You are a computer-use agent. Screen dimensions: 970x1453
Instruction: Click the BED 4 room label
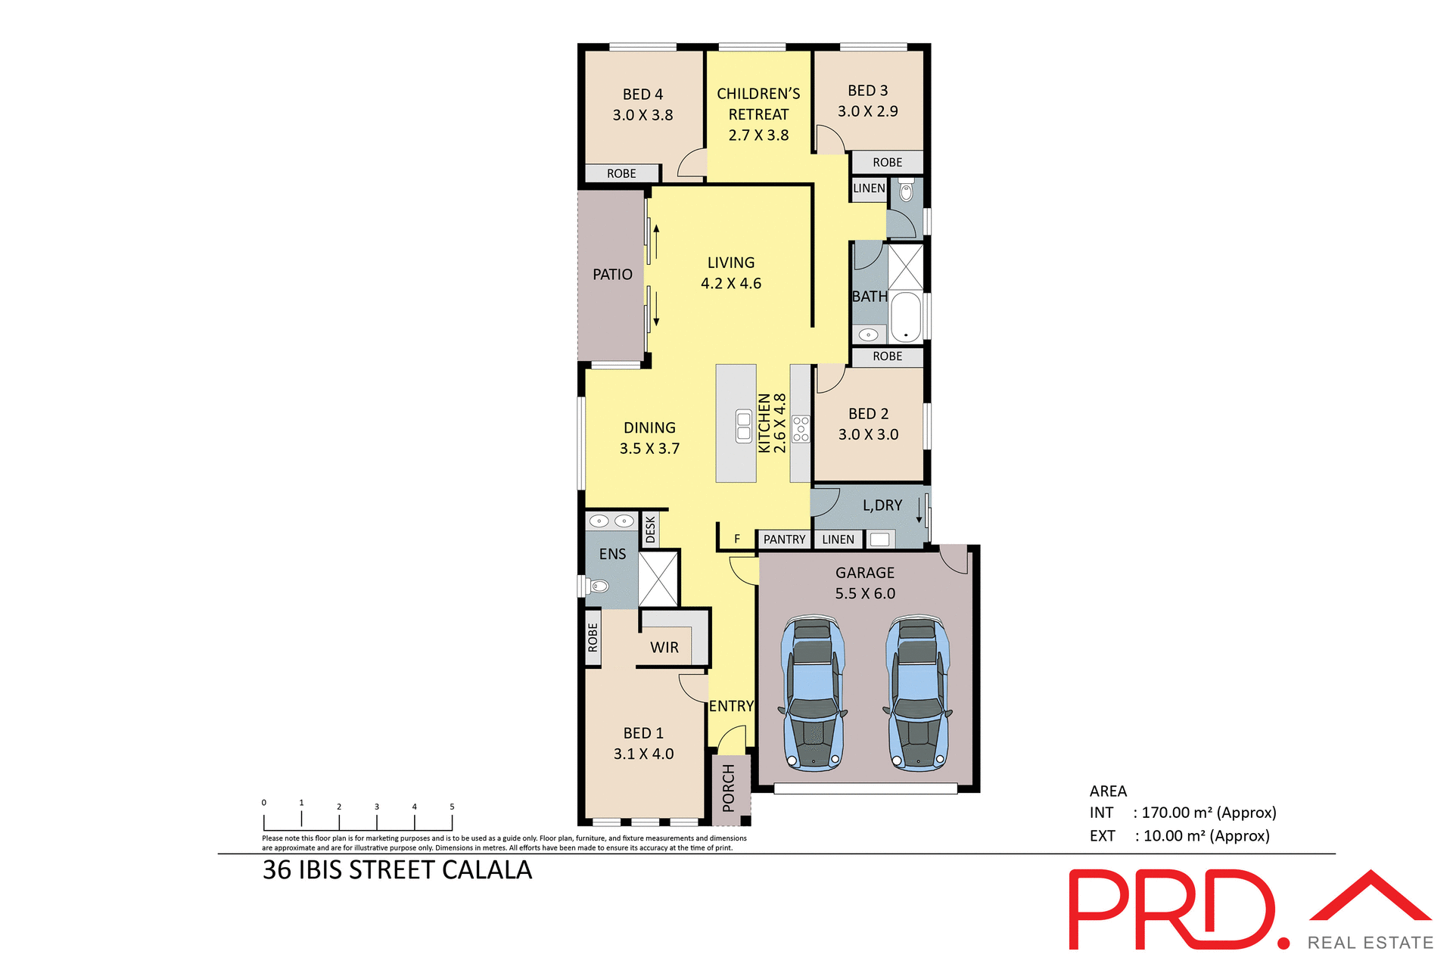point(642,95)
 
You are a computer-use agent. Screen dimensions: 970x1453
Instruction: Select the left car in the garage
point(813,693)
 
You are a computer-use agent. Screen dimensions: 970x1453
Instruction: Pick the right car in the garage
point(918,693)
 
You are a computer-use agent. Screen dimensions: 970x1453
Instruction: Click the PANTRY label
point(784,539)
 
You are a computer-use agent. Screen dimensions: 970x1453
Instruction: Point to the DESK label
point(650,530)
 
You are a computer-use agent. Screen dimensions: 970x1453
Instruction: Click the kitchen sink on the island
point(744,426)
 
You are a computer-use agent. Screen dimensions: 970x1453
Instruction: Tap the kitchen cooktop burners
point(801,428)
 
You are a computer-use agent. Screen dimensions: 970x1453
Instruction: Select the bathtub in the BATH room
point(906,317)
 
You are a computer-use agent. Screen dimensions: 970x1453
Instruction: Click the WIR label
point(664,648)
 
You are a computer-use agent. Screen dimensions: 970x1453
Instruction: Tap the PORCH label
point(729,788)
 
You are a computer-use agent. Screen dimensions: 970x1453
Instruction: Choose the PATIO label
point(612,275)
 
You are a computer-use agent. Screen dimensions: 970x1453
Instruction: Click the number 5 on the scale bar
point(452,807)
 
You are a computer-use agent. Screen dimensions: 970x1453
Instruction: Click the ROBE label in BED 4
point(621,174)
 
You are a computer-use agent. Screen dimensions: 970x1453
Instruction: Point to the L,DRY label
point(882,505)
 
